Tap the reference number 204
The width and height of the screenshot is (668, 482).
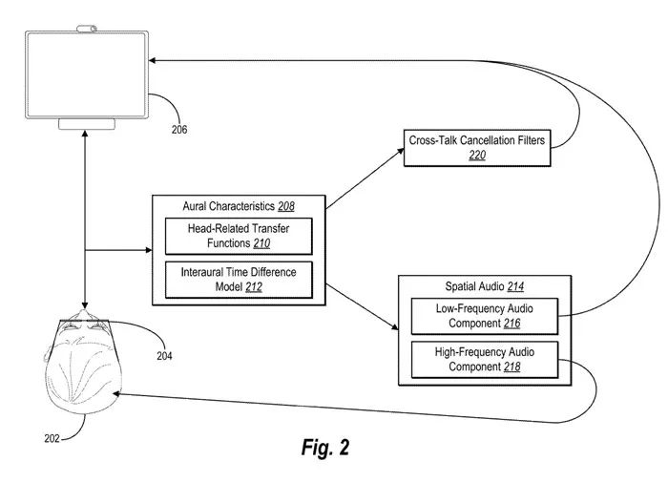(x=165, y=355)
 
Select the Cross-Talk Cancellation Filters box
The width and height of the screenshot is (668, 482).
(x=476, y=147)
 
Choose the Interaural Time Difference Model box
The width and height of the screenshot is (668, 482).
(x=239, y=279)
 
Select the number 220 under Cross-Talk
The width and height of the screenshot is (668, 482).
(x=477, y=155)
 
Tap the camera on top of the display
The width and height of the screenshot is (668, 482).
(x=87, y=27)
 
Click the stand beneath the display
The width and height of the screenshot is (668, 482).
(x=88, y=124)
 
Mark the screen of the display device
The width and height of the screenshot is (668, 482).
(x=88, y=74)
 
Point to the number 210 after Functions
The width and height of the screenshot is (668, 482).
(x=261, y=243)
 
